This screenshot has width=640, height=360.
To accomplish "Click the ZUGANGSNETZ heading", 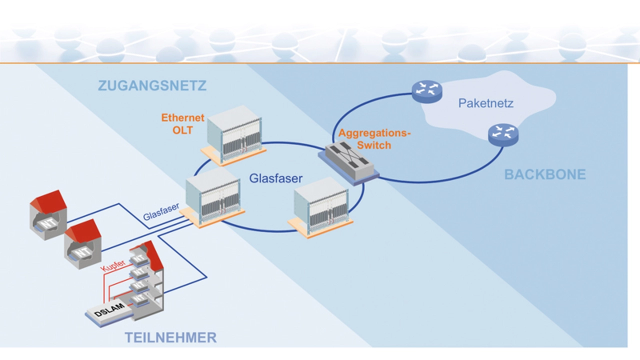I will tap(152, 85).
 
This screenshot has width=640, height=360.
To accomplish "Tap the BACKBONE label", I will tap(544, 174).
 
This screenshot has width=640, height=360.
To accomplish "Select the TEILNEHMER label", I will tap(170, 337).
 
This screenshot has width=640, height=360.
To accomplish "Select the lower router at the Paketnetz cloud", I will tap(503, 133).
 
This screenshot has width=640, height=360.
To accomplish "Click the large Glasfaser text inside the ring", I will tap(276, 178).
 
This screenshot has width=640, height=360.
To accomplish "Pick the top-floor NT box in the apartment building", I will tap(138, 258).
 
